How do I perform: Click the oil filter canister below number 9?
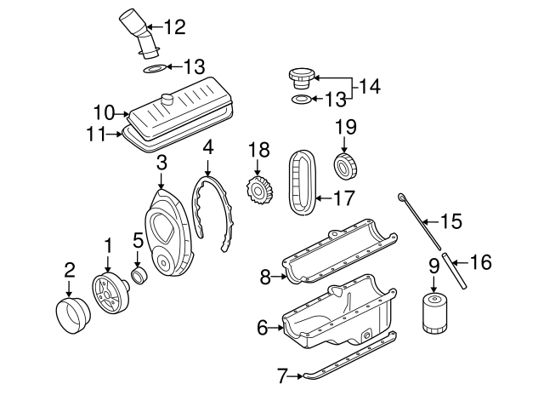tap(433, 313)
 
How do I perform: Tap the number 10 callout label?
tap(104, 112)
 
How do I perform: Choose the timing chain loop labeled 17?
tap(303, 183)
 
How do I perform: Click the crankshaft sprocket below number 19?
tap(346, 167)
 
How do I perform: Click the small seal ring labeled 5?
tap(139, 278)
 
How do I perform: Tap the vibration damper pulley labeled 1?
tap(108, 294)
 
